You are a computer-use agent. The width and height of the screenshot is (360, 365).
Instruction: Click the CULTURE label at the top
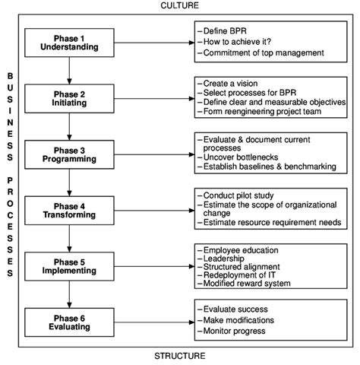pyautogui.click(x=180, y=5)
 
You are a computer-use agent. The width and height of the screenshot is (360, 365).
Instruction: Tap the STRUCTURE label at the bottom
pyautogui.click(x=180, y=356)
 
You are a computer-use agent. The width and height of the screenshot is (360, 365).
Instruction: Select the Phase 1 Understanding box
pyautogui.click(x=69, y=43)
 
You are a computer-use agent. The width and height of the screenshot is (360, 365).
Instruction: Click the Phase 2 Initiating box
pyautogui.click(x=69, y=99)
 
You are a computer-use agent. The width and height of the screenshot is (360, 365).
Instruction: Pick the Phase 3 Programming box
pyautogui.click(x=69, y=154)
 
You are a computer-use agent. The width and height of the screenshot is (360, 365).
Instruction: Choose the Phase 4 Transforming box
pyautogui.click(x=69, y=211)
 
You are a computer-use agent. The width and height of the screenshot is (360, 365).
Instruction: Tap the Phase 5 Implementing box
pyautogui.click(x=69, y=266)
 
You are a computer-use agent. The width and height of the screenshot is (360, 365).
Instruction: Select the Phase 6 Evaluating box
pyautogui.click(x=69, y=322)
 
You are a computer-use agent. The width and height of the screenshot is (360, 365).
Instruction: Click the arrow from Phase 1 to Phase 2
pyautogui.click(x=69, y=71)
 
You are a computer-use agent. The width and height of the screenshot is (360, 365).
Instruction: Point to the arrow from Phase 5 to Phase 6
pyautogui.click(x=69, y=294)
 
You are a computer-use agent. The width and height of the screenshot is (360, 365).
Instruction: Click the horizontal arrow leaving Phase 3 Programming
pyautogui.click(x=154, y=154)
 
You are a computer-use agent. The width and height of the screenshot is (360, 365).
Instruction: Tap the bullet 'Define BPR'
pyautogui.click(x=222, y=31)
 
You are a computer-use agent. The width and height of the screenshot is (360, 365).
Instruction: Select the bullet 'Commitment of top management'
pyautogui.click(x=261, y=52)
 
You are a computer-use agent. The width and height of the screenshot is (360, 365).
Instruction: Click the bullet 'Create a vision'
pyautogui.click(x=228, y=84)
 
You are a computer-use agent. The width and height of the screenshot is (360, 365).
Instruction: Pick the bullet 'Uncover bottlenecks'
pyautogui.click(x=238, y=157)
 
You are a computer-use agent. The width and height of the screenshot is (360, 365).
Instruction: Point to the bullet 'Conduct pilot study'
pyautogui.click(x=235, y=195)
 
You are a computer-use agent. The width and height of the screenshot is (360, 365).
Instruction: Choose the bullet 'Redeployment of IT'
pyautogui.click(x=236, y=275)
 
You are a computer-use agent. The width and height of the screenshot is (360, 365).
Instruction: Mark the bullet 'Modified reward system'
pyautogui.click(x=244, y=284)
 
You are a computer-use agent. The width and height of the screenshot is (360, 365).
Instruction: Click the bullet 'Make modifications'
pyautogui.click(x=236, y=320)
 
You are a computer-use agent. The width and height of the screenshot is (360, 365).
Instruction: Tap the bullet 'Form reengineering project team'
pyautogui.click(x=260, y=112)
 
